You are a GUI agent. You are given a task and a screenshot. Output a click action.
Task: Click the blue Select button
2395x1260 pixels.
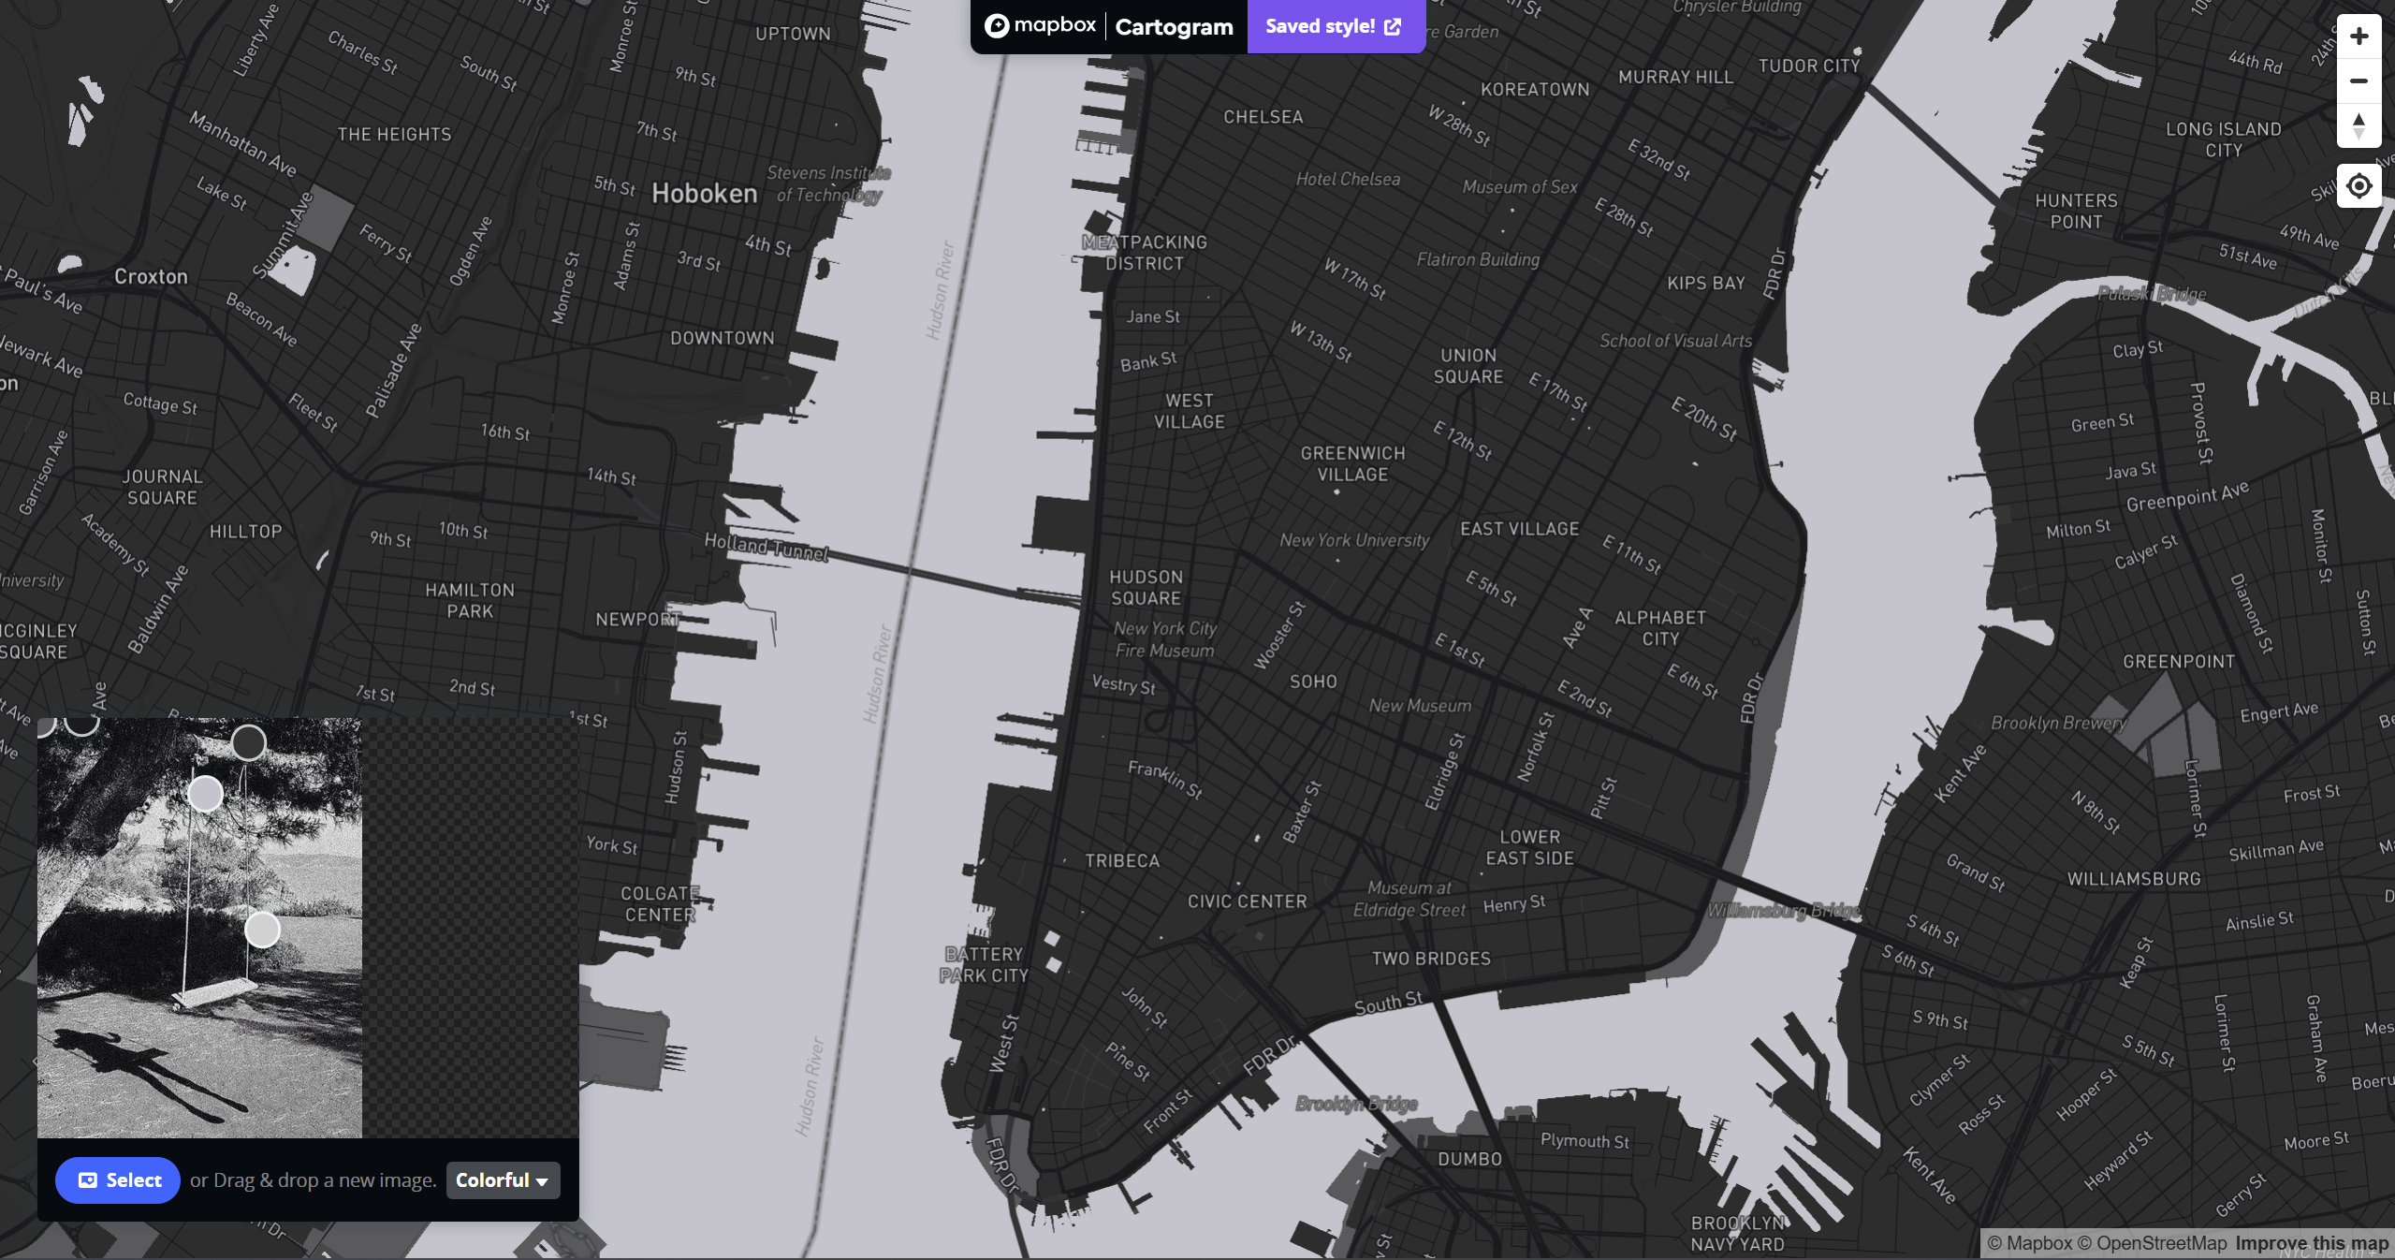[118, 1180]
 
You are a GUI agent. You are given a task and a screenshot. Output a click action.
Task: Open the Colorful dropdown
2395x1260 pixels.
[503, 1180]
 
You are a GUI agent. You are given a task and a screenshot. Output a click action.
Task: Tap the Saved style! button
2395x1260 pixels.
[1334, 26]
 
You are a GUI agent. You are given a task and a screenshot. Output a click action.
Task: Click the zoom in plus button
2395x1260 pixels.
[2358, 37]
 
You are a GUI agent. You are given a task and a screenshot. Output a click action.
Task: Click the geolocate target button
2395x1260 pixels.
[2358, 186]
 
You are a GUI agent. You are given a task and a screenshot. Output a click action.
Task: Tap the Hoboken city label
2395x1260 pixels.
[704, 194]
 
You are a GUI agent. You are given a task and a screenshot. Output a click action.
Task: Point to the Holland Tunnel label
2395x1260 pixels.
[767, 547]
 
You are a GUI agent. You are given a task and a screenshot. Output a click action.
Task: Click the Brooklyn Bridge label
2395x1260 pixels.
[1356, 1104]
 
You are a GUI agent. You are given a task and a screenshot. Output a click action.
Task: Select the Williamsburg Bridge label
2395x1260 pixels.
[1784, 911]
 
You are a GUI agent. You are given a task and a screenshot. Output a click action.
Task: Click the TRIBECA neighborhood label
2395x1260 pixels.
[1122, 861]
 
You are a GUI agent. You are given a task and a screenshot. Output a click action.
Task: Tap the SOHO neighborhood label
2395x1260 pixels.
[1313, 681]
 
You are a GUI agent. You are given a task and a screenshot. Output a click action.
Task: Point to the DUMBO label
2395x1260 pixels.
[1469, 1159]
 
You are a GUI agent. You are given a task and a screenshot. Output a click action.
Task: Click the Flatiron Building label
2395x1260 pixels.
[1478, 259]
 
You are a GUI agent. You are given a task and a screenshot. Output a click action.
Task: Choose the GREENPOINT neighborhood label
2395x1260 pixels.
[2179, 662]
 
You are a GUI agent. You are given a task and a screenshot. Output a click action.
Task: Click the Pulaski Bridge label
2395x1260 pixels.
[2152, 294]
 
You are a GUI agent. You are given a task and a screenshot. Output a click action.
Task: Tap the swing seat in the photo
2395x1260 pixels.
[215, 992]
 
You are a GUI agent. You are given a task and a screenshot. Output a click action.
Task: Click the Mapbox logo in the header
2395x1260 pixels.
[1040, 25]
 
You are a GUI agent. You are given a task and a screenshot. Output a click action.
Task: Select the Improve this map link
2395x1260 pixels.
[2312, 1243]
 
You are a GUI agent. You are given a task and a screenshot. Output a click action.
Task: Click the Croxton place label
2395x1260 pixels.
[151, 277]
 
